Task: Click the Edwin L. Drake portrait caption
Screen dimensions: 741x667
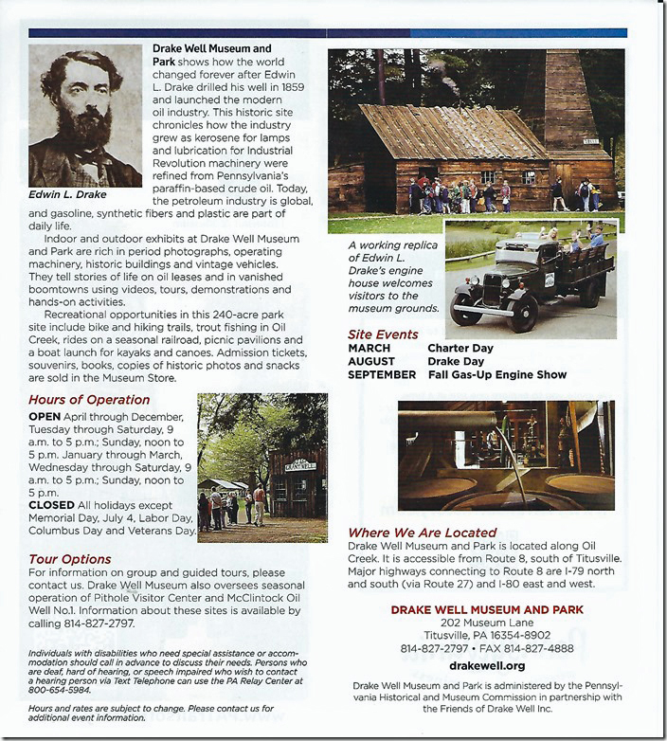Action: coord(69,195)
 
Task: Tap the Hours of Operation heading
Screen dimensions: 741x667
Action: coord(89,400)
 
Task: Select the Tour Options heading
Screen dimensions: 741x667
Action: coord(69,559)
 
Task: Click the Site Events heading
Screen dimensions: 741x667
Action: coord(383,334)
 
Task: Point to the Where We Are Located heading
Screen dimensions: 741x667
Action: coord(422,533)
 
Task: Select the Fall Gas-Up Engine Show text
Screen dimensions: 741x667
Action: coord(496,374)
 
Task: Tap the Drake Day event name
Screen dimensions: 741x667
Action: coord(454,361)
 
